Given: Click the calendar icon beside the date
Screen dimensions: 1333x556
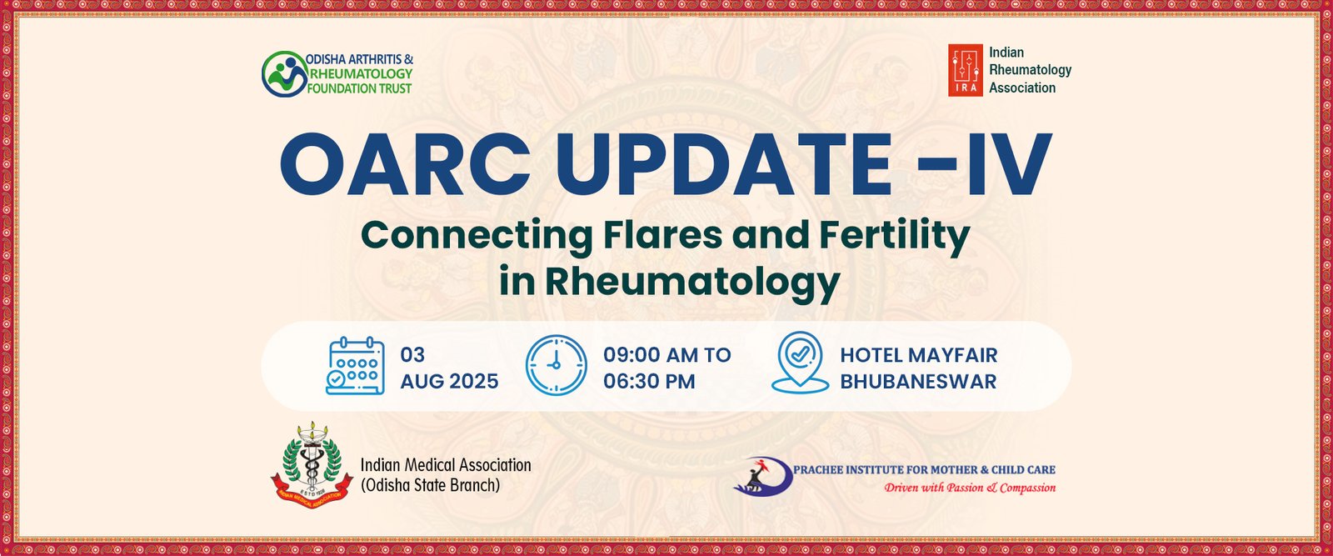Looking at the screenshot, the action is pos(355,365).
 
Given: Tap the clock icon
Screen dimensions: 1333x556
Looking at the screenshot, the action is pos(556,365).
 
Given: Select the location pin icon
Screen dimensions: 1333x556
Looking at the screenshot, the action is pos(800,363).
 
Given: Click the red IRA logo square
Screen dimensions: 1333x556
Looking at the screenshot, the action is pos(966,70).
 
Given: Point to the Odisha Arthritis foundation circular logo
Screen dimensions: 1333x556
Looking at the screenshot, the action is pos(284,74).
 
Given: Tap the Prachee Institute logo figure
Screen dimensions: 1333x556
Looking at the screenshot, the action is pos(762,477).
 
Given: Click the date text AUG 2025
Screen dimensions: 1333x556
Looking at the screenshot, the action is pos(449,381).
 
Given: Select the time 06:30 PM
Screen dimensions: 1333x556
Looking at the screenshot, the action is pos(649,381).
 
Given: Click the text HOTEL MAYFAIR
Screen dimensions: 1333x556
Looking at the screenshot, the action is pos(919,355).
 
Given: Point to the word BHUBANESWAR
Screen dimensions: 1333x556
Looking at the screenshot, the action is pos(918,381).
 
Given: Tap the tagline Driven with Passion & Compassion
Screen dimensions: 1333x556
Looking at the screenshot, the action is pos(970,488).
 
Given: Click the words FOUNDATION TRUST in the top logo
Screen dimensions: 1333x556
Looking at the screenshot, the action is pos(359,88).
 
